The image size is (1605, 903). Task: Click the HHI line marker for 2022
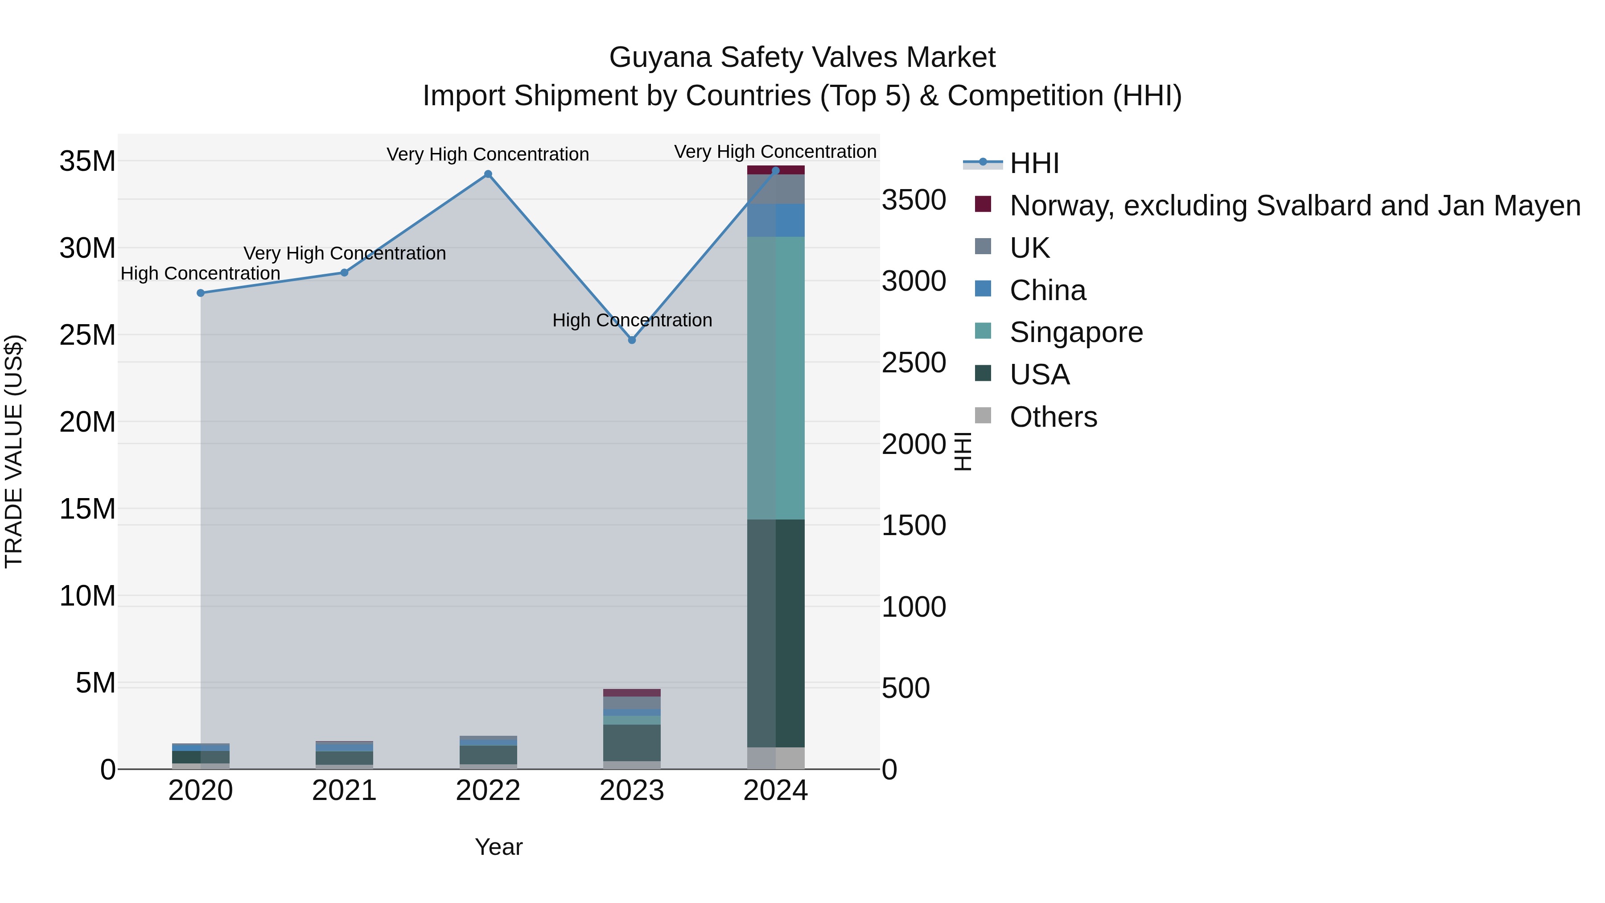(x=488, y=174)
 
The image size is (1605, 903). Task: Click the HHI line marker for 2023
(x=632, y=340)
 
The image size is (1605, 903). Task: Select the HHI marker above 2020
(x=201, y=293)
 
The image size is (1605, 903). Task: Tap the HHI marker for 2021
(x=345, y=272)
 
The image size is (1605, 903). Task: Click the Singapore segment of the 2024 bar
(x=776, y=378)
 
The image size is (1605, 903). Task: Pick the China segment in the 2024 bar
(x=776, y=221)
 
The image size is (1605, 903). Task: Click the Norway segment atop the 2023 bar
(x=632, y=693)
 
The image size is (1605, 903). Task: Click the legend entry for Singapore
(x=1076, y=332)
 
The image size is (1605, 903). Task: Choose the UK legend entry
(x=1029, y=247)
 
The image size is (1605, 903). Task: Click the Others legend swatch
(x=983, y=416)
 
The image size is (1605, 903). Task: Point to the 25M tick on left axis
(x=87, y=335)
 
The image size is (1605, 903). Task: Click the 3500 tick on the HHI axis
(x=914, y=200)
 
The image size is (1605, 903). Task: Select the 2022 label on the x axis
(x=488, y=791)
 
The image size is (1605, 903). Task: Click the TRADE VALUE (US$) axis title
(x=14, y=451)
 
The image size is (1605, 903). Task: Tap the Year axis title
(x=498, y=847)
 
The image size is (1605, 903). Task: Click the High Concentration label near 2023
(x=632, y=320)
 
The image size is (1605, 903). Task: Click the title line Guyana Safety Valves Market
(x=802, y=58)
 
